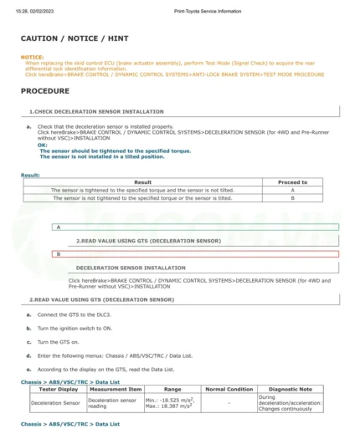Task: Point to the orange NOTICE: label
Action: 32,57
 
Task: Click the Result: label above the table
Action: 30,175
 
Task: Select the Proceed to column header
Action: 292,181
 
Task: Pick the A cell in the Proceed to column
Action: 292,190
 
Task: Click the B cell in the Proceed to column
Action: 292,198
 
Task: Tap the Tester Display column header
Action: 59,389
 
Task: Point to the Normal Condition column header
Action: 229,389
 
